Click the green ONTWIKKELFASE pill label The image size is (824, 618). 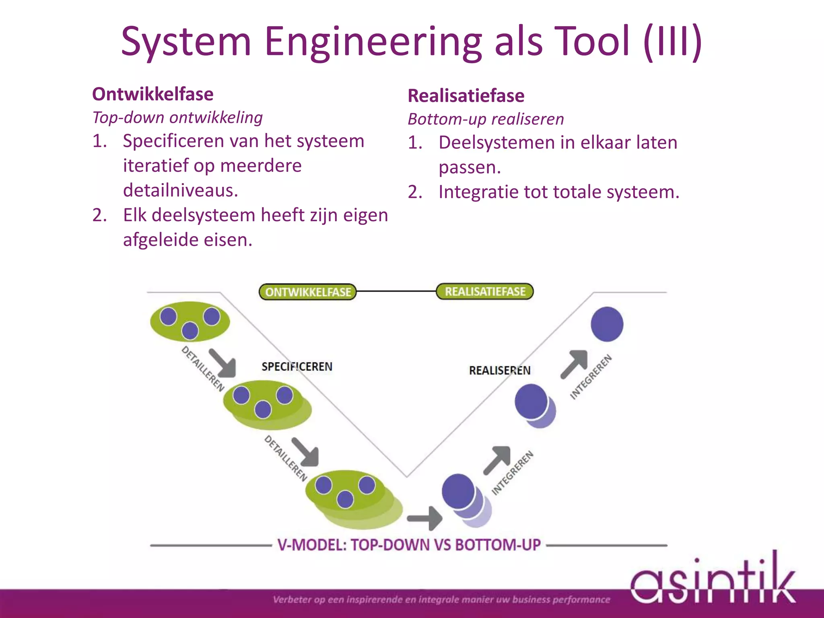point(308,292)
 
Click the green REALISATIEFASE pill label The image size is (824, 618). point(485,291)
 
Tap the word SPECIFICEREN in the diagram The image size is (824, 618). point(297,367)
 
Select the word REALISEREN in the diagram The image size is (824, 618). point(500,370)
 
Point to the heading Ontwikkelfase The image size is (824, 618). point(153,94)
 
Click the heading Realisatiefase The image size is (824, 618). point(466,96)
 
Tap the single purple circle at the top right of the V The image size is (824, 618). point(607,324)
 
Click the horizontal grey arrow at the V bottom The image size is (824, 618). point(425,518)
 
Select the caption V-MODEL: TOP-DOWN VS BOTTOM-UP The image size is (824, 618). point(409,545)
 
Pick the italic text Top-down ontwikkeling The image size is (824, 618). point(177,117)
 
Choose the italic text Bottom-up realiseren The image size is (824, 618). point(486,119)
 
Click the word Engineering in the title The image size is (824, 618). point(373,41)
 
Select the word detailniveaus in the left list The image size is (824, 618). point(181,190)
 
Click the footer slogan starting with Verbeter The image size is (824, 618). point(441,599)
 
